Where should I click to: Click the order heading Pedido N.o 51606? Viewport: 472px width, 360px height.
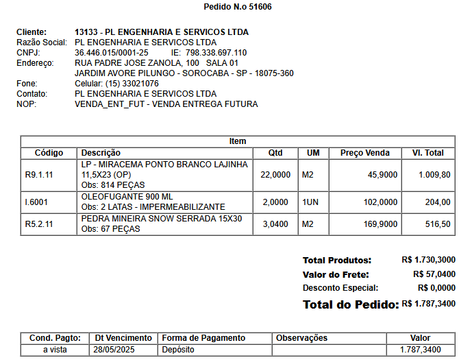[x=238, y=7]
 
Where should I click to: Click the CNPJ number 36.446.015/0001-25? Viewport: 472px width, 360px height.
[x=111, y=53]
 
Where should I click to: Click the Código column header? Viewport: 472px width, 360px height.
[x=49, y=153]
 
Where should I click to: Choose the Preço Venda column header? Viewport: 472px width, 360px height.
[x=365, y=153]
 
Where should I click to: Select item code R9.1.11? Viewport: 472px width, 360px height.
[x=39, y=175]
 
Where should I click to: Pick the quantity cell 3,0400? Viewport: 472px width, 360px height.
[x=276, y=224]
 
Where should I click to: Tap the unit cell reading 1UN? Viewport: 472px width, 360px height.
[x=311, y=202]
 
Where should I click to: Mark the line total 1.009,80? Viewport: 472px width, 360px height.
[x=434, y=175]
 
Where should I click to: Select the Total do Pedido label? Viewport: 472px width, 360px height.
[x=350, y=304]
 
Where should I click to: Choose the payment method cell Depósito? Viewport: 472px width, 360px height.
[x=178, y=350]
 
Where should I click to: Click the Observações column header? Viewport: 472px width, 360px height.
[x=301, y=338]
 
